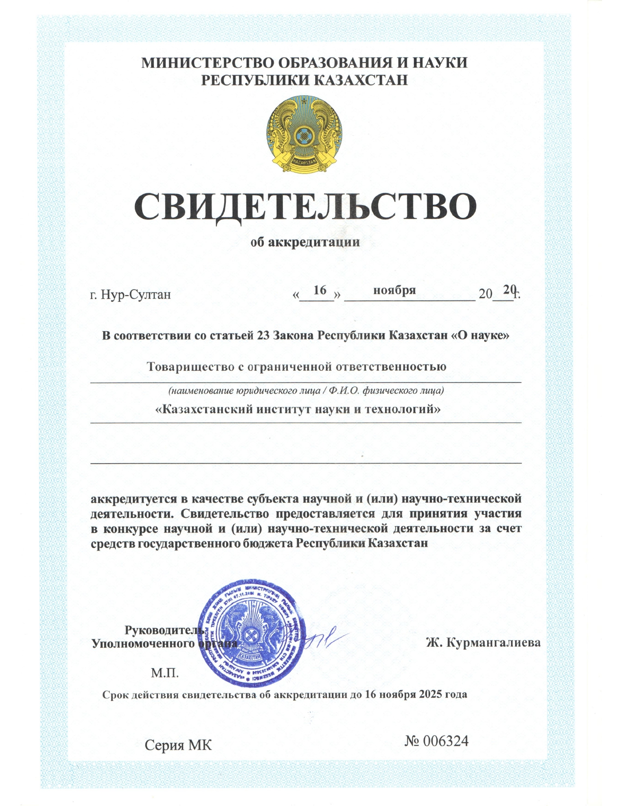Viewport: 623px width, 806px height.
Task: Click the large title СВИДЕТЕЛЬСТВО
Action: (305, 207)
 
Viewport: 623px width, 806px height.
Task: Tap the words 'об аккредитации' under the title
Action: (305, 242)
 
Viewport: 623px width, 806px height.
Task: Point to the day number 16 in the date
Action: (320, 290)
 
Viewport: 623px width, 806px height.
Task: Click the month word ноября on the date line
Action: (394, 290)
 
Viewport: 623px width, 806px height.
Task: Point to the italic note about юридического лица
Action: (306, 391)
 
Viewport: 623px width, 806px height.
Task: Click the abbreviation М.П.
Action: (165, 673)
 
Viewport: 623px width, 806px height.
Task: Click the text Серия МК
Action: (178, 745)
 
